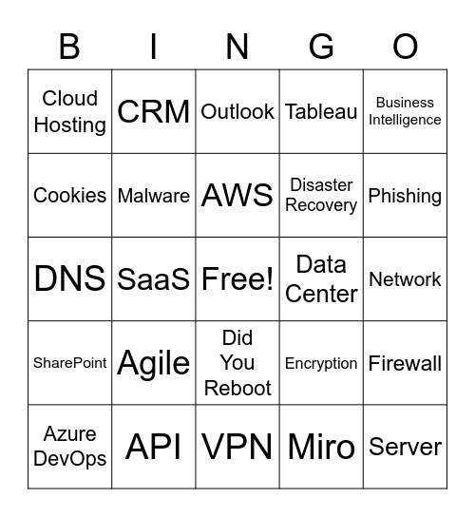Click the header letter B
tap(69, 46)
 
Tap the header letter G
tap(321, 46)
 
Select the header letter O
tap(405, 46)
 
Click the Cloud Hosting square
tap(70, 111)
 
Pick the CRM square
tap(154, 111)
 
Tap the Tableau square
tap(321, 111)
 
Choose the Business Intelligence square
tap(405, 111)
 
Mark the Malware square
tap(154, 195)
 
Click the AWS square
tap(237, 195)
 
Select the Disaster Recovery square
tap(321, 195)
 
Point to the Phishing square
tap(405, 195)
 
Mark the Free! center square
tap(237, 278)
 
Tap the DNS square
tap(70, 278)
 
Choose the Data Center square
tap(321, 278)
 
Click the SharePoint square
tap(70, 363)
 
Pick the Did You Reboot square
tap(237, 363)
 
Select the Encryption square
tap(321, 363)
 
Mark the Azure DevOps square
tap(70, 447)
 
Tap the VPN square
tap(237, 447)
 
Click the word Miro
tap(321, 447)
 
